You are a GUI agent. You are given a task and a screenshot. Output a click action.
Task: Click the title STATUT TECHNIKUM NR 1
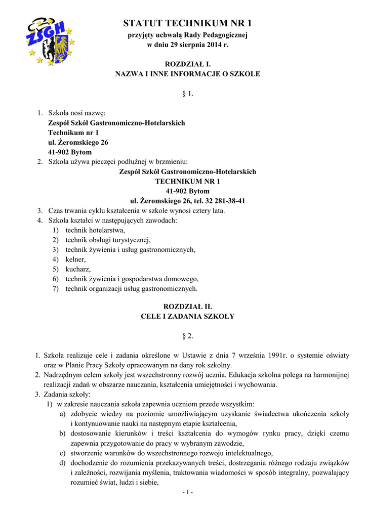187,23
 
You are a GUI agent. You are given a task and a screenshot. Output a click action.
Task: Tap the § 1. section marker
187,94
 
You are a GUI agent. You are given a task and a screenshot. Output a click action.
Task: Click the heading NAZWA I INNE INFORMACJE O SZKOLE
187,74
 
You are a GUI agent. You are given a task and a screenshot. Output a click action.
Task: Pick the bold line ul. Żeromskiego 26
78,142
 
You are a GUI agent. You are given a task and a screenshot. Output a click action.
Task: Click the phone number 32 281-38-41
223,201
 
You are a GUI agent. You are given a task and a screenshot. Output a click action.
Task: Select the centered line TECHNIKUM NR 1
188,182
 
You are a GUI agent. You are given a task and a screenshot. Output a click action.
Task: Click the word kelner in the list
75,259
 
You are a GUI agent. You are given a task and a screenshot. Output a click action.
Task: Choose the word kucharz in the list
78,269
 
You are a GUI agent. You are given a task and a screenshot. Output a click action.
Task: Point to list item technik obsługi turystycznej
108,240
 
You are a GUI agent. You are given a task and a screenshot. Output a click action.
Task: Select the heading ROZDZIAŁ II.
187,307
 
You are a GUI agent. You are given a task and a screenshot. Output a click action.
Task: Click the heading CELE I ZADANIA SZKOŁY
187,316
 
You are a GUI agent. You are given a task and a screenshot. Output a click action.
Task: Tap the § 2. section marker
187,336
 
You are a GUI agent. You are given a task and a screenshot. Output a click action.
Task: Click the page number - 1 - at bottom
187,492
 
